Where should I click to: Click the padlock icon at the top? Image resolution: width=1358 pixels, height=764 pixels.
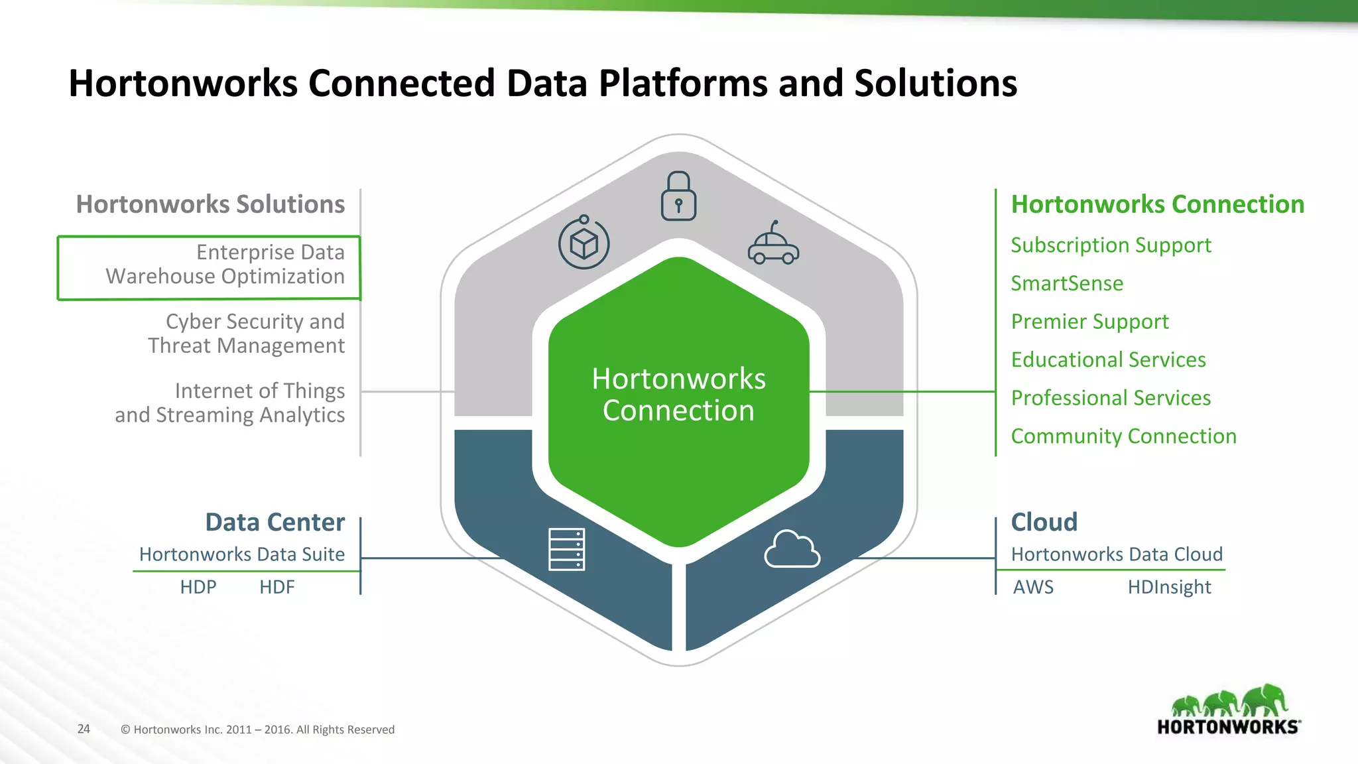point(678,197)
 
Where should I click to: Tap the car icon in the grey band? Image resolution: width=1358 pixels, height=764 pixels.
point(773,245)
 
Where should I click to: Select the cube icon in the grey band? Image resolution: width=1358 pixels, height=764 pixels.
point(584,243)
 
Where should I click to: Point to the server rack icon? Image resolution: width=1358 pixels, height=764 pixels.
point(566,549)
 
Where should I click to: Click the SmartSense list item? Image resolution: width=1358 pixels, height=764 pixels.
point(1066,284)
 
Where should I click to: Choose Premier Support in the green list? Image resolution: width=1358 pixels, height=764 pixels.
point(1089,322)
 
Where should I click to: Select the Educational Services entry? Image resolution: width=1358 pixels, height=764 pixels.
point(1108,360)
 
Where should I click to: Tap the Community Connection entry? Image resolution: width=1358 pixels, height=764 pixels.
point(1123,436)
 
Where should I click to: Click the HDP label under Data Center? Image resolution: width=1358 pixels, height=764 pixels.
point(198,587)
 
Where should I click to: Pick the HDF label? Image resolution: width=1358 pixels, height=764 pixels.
point(277,587)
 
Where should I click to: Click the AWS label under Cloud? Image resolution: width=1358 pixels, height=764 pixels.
point(1033,587)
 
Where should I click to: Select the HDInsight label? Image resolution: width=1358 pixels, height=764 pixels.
point(1169,587)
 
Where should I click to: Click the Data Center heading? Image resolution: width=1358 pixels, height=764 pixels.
point(275,523)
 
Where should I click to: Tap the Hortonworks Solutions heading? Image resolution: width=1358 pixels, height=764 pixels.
point(210,204)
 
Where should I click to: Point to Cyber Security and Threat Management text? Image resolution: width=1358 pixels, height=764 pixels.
point(247,334)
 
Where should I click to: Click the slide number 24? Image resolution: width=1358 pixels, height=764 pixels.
point(84,729)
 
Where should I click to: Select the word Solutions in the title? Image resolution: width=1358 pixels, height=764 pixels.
point(935,84)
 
